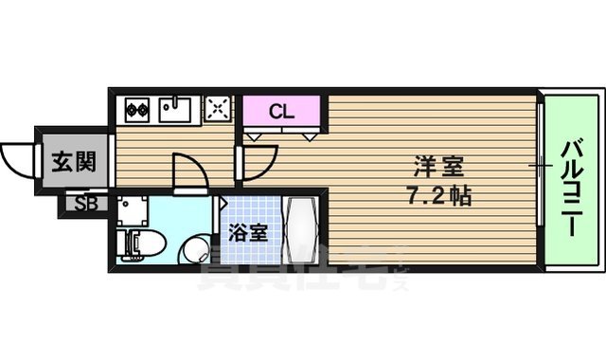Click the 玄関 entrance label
tap(72, 162)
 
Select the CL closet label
tap(281, 111)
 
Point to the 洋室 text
tap(438, 167)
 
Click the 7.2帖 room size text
tap(438, 197)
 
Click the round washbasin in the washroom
tap(193, 250)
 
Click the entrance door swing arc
tap(19, 152)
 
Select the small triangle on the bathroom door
tap(223, 202)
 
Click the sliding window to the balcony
tap(540, 166)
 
